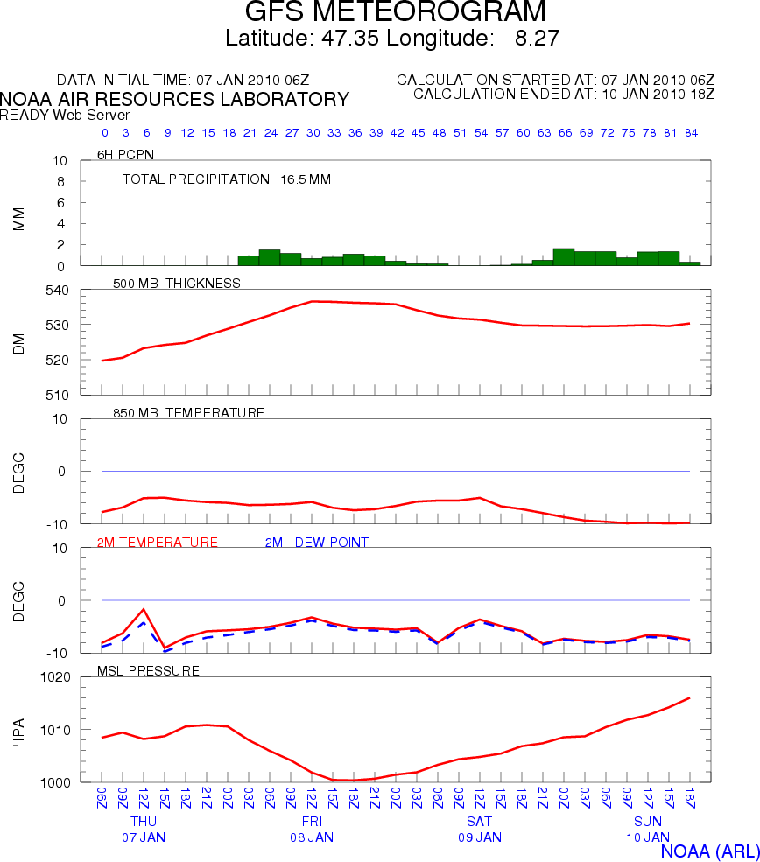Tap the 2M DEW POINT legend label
[316, 543]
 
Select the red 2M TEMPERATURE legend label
[157, 543]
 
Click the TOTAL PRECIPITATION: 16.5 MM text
[226, 179]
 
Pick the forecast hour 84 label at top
[691, 133]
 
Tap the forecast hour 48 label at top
[439, 133]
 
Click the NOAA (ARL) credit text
[708, 851]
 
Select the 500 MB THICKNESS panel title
[177, 283]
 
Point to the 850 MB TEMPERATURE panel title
[188, 412]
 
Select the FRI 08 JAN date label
[312, 830]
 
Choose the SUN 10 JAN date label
[648, 830]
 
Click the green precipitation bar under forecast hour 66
[564, 257]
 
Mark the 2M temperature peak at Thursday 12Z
[144, 609]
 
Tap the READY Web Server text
[65, 115]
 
